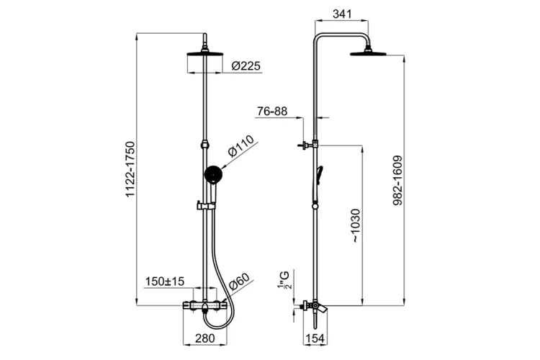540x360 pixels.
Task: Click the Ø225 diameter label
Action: point(246,66)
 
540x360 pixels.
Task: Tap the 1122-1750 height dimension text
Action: point(130,168)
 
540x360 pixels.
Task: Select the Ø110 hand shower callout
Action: point(241,145)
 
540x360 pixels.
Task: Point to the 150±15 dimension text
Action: point(165,281)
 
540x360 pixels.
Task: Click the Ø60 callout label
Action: point(238,281)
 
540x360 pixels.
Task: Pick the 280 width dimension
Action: point(205,338)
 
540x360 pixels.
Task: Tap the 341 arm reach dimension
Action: point(342,14)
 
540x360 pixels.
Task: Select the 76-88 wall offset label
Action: point(272,112)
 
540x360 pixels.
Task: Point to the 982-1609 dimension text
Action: point(397,181)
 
